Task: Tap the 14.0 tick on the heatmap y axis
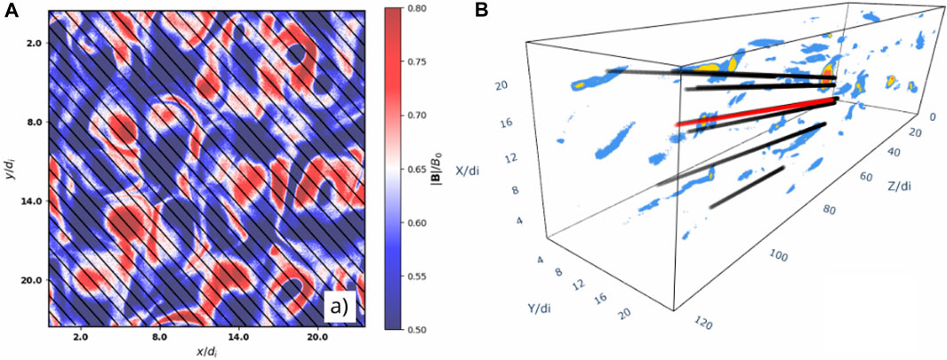[31, 202]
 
